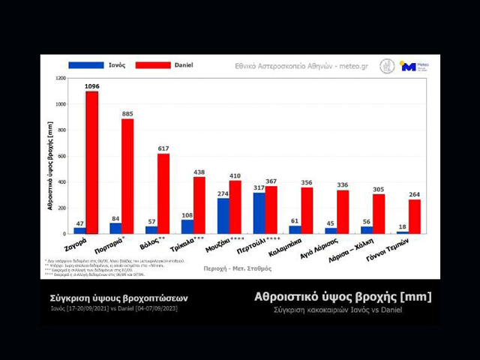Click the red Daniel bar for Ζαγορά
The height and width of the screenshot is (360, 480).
pos(91,162)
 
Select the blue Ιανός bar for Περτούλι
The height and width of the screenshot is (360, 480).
pos(259,213)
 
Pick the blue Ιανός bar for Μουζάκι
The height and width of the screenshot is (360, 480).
pos(223,216)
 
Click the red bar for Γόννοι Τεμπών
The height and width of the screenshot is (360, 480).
pos(414,217)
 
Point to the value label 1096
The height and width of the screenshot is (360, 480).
pos(92,86)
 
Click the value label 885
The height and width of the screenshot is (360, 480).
pos(127,114)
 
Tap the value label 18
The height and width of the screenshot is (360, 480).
pos(403,226)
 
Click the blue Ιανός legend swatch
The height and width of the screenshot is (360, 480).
pos(85,65)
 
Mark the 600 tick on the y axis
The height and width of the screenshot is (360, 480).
pos(61,156)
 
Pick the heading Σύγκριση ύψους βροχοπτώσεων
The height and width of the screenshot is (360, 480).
pos(113,298)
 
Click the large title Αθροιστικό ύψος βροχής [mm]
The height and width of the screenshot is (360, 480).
pos(343,297)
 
